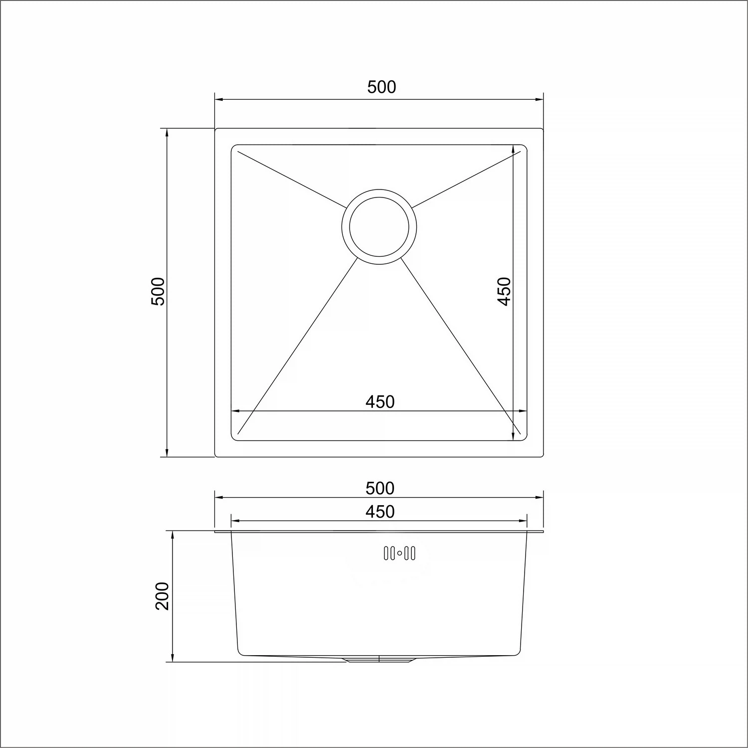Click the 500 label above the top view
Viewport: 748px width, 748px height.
coord(381,87)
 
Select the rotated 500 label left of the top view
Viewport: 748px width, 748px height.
coord(158,292)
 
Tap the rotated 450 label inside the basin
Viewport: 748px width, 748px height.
coord(504,292)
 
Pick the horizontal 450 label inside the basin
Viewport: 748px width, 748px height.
coord(380,402)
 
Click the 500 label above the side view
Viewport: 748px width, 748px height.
coord(380,488)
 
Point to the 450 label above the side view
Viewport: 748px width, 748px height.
coord(380,512)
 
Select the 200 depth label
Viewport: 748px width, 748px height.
coord(163,596)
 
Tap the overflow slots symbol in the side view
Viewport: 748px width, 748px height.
coord(399,554)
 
